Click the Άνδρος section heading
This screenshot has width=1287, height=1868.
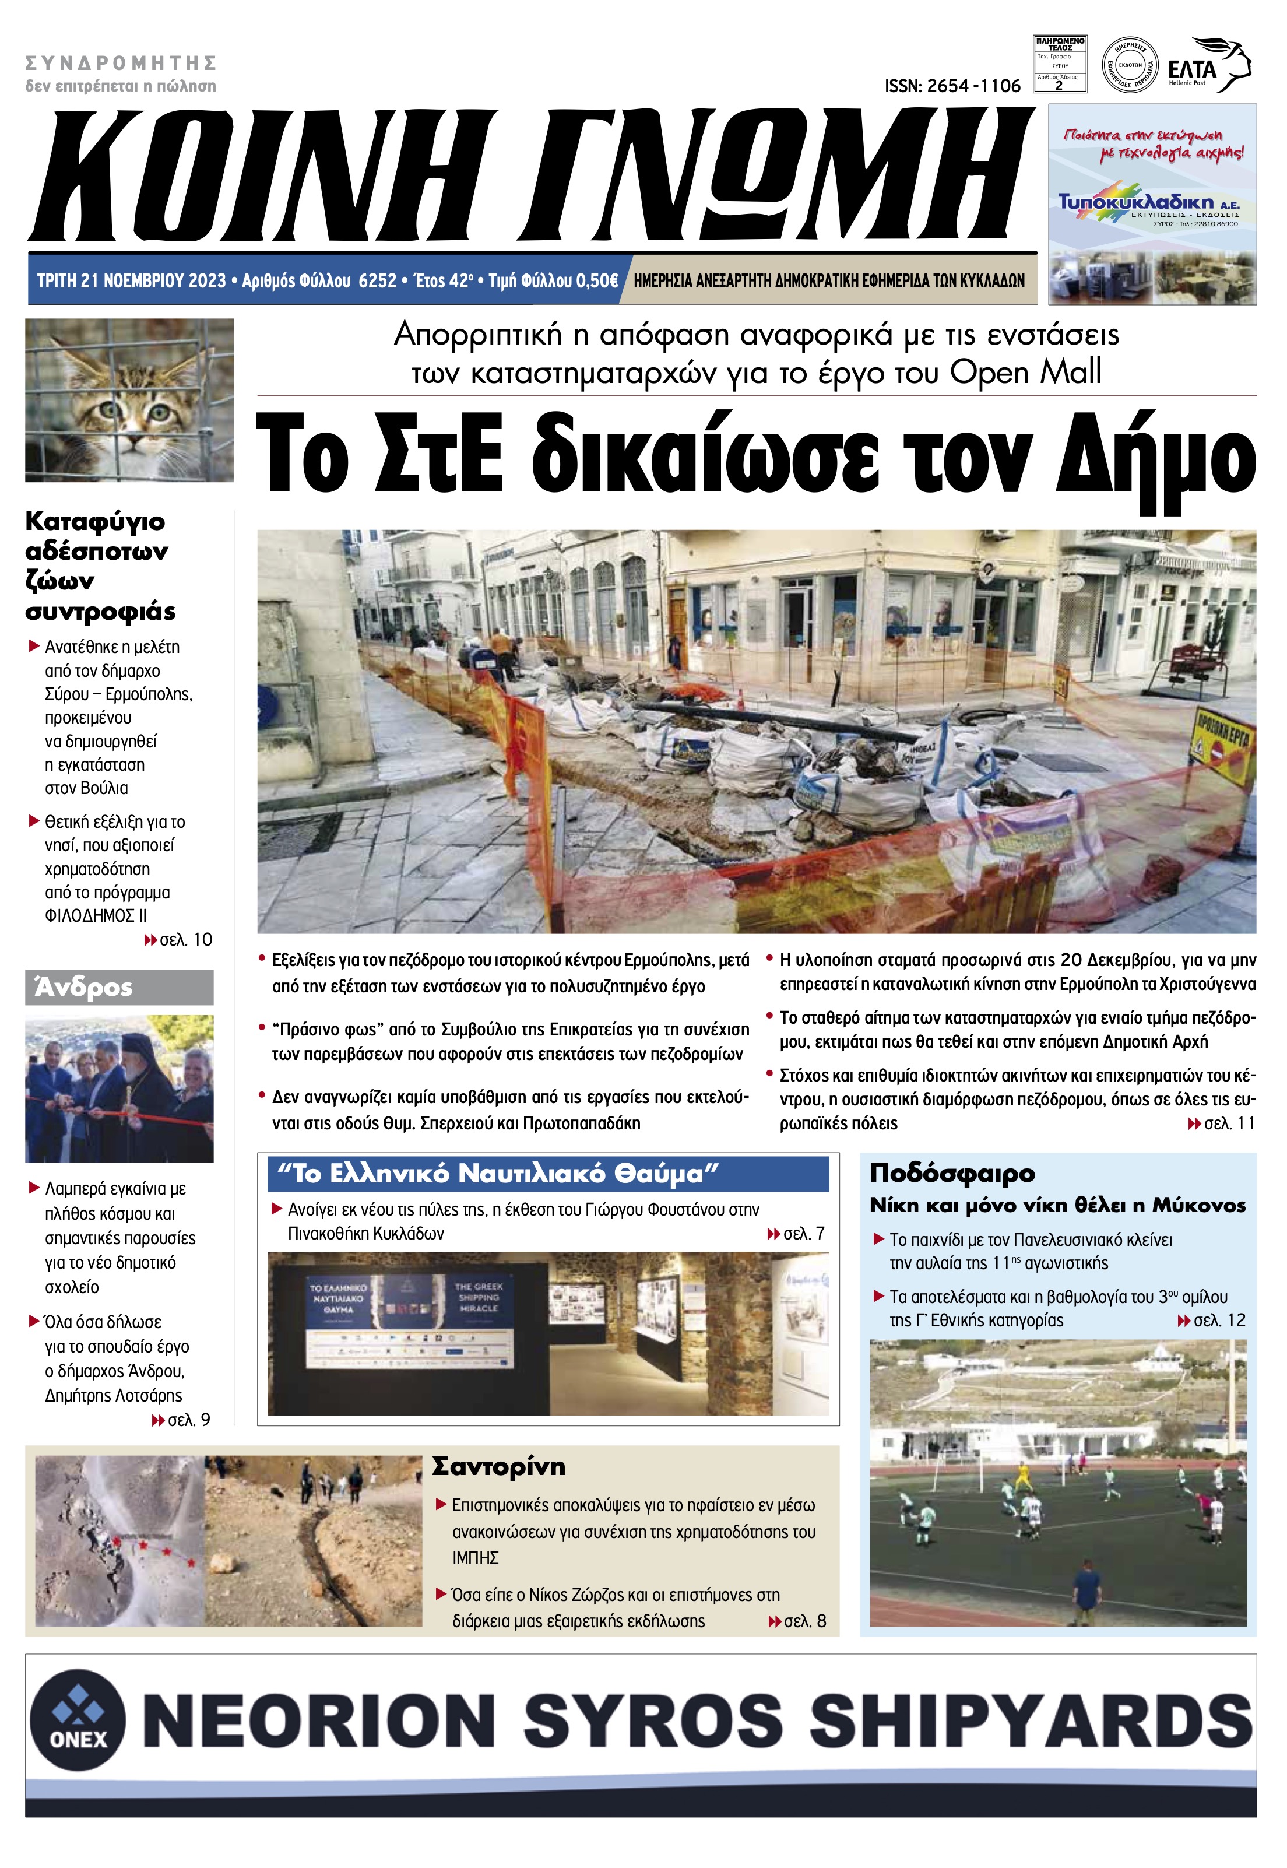point(83,987)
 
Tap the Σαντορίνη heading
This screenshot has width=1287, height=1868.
point(498,1466)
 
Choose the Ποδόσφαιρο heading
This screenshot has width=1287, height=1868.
point(952,1172)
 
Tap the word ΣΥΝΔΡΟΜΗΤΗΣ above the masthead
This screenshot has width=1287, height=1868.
point(121,63)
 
